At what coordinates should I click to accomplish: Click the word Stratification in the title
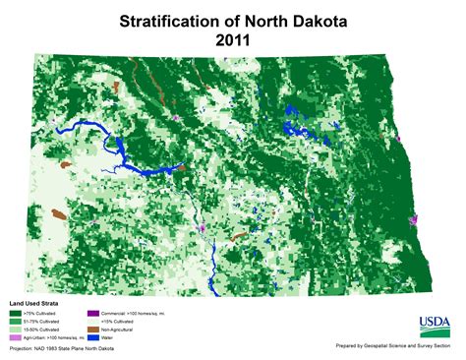(x=165, y=21)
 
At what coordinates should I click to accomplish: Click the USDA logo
(x=435, y=326)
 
